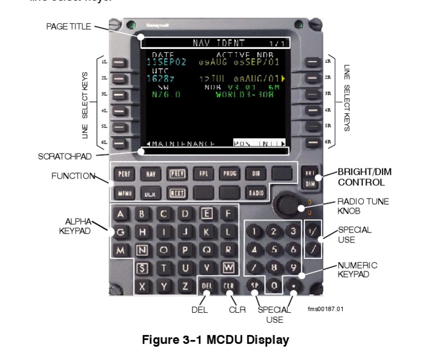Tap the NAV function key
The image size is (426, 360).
pos(148,174)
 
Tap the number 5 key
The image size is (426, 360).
pos(274,250)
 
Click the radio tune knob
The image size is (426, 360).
pos(285,206)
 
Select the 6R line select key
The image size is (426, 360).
pos(313,143)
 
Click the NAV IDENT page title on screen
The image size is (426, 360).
pos(219,43)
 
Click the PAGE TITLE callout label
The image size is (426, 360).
pos(68,26)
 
